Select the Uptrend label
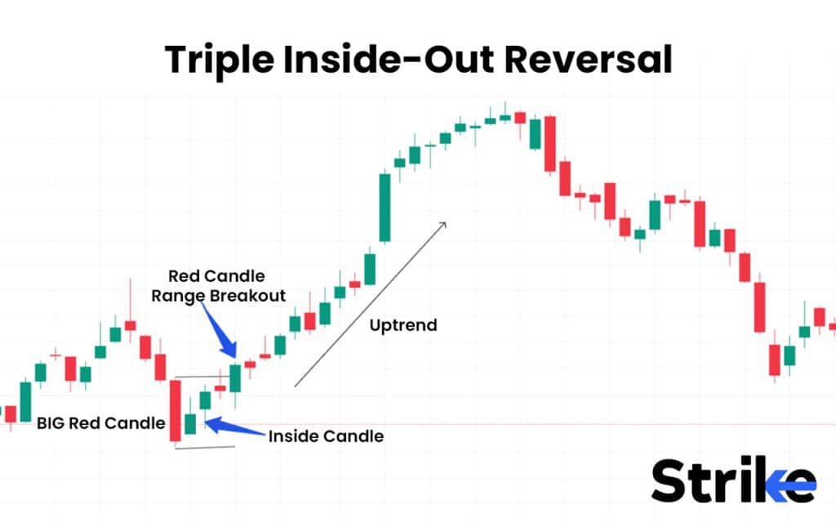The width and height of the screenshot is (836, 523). (403, 325)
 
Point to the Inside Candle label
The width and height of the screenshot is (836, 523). (326, 436)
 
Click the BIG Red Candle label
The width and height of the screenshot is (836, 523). (101, 423)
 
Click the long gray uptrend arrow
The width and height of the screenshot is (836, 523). (371, 302)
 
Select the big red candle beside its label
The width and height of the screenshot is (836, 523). (175, 410)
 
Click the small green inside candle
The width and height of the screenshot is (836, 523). (190, 423)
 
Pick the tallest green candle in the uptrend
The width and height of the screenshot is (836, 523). (385, 207)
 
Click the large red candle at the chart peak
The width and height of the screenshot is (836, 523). (550, 144)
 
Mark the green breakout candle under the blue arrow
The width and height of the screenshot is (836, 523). (235, 378)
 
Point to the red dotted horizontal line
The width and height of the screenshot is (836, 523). (531, 424)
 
